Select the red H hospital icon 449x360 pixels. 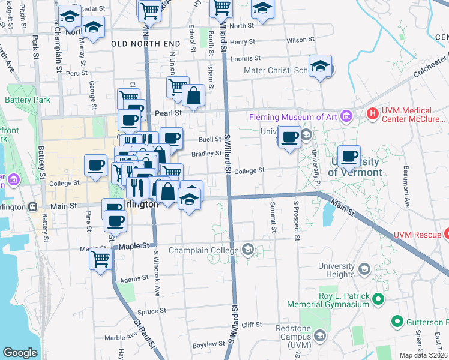click(373, 113)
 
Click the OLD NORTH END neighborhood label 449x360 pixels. click(145, 44)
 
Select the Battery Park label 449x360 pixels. click(28, 100)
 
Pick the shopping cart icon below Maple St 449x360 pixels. click(101, 259)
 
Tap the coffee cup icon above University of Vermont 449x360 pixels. click(349, 157)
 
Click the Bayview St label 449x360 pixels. click(208, 346)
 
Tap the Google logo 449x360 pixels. click(20, 353)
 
